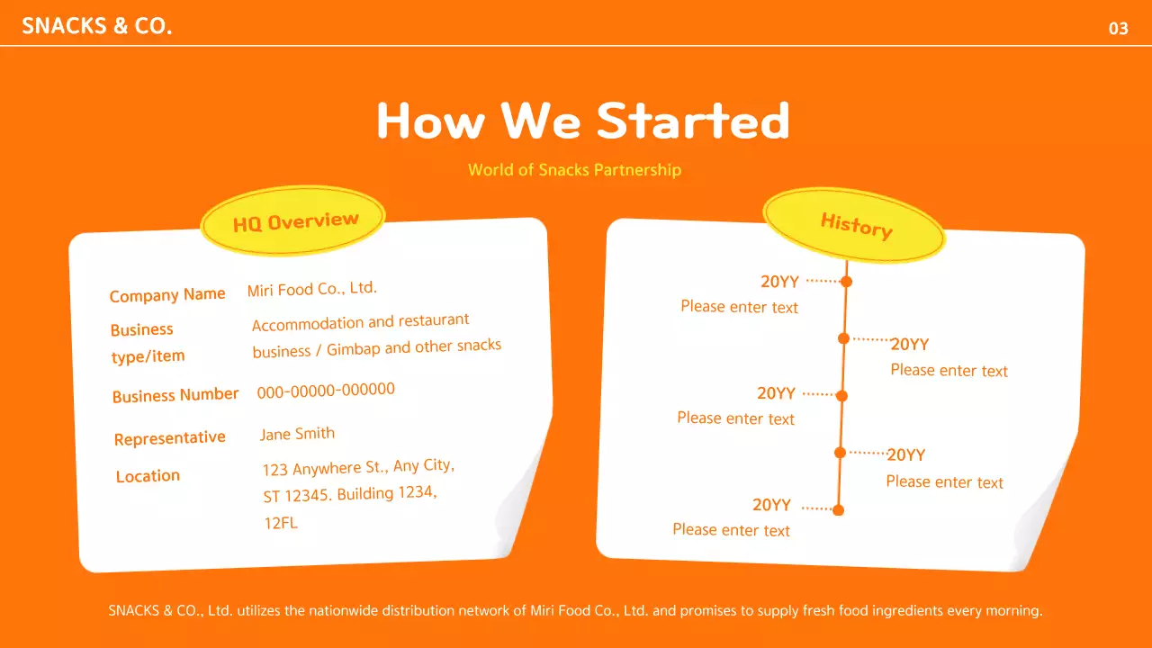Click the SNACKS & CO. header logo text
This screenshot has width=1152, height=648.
(x=96, y=26)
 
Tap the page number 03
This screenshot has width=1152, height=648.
(x=1118, y=29)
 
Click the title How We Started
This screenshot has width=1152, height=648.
(x=582, y=121)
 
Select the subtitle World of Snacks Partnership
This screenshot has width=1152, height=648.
(x=574, y=169)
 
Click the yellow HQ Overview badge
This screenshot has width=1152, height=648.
(x=295, y=221)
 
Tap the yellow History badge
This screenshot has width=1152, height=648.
(x=855, y=225)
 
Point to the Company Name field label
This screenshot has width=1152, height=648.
(x=167, y=294)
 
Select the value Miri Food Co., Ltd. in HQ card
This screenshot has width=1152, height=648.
(x=311, y=289)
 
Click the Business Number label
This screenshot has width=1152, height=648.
(x=175, y=395)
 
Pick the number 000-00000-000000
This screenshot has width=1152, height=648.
(x=326, y=390)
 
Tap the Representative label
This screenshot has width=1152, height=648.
(x=169, y=438)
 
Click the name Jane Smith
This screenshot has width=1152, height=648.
(x=297, y=434)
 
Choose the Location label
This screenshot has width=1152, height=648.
(x=148, y=476)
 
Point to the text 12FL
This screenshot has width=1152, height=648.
(x=280, y=523)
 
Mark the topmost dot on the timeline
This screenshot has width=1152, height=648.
(x=846, y=282)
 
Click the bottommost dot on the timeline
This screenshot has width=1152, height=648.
(x=838, y=510)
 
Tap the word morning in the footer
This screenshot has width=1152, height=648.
(x=1013, y=610)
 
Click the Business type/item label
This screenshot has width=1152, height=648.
(x=147, y=343)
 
